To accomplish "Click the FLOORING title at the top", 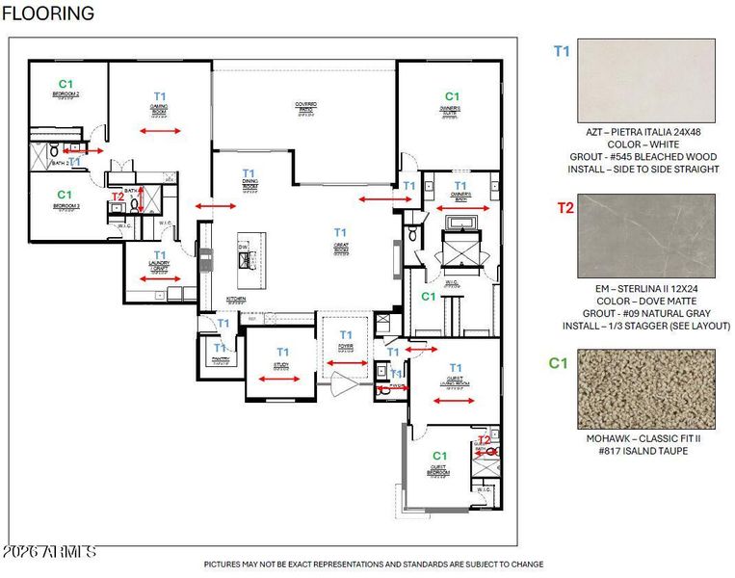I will click(48, 13).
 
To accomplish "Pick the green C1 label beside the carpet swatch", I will click(557, 363).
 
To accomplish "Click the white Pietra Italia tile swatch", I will click(645, 80).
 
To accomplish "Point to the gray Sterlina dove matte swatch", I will click(645, 237).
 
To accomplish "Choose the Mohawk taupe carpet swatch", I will click(645, 388).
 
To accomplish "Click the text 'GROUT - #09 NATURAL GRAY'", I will click(645, 313).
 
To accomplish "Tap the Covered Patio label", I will click(305, 106).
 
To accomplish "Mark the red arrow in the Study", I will click(280, 380).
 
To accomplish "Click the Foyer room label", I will click(345, 347).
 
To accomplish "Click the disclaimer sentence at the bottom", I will click(373, 565).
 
